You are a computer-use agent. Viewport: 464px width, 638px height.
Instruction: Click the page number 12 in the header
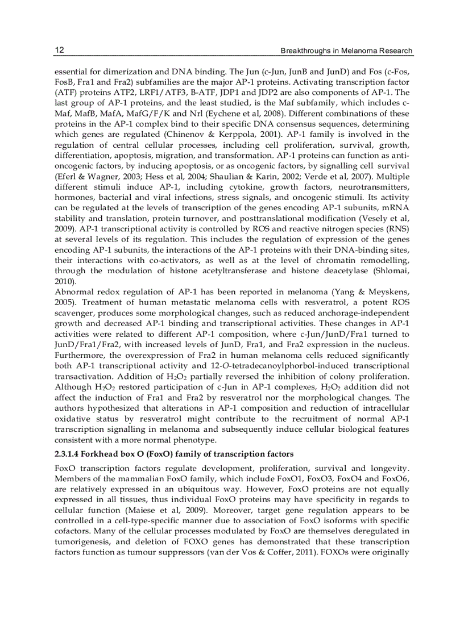click(x=59, y=51)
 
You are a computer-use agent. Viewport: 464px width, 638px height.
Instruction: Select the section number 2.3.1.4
click(x=71, y=454)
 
